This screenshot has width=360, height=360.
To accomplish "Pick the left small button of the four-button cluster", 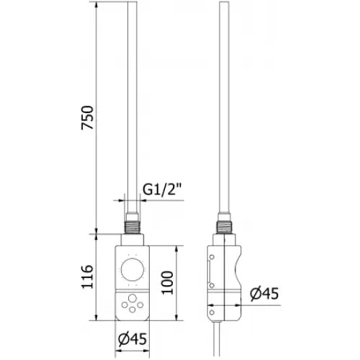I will click(124, 305).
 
